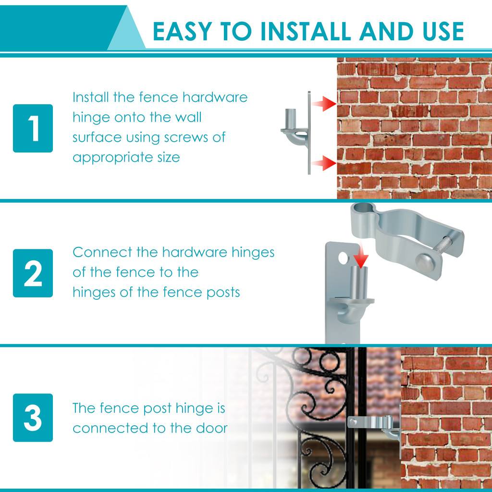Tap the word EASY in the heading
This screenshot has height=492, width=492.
(x=182, y=31)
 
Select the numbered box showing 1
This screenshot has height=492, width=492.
(x=33, y=128)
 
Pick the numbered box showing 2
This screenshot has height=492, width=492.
(x=33, y=273)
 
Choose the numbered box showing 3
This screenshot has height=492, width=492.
(x=33, y=418)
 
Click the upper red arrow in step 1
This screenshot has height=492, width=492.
(x=324, y=103)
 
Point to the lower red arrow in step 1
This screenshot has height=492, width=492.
(x=324, y=163)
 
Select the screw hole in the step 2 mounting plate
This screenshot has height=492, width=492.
(x=343, y=258)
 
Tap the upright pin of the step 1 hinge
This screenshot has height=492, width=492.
(x=290, y=118)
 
